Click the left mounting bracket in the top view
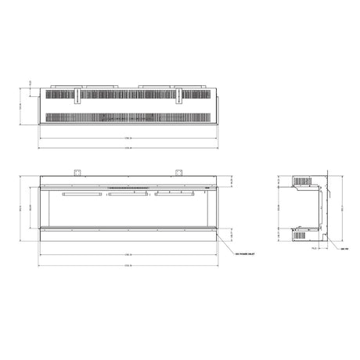pos(79,96)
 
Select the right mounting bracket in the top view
pos(179,96)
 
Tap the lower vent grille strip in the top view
pos(129,117)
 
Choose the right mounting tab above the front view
pos(179,174)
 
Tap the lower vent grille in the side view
pos(300,232)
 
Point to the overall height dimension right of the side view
pos(341,207)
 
